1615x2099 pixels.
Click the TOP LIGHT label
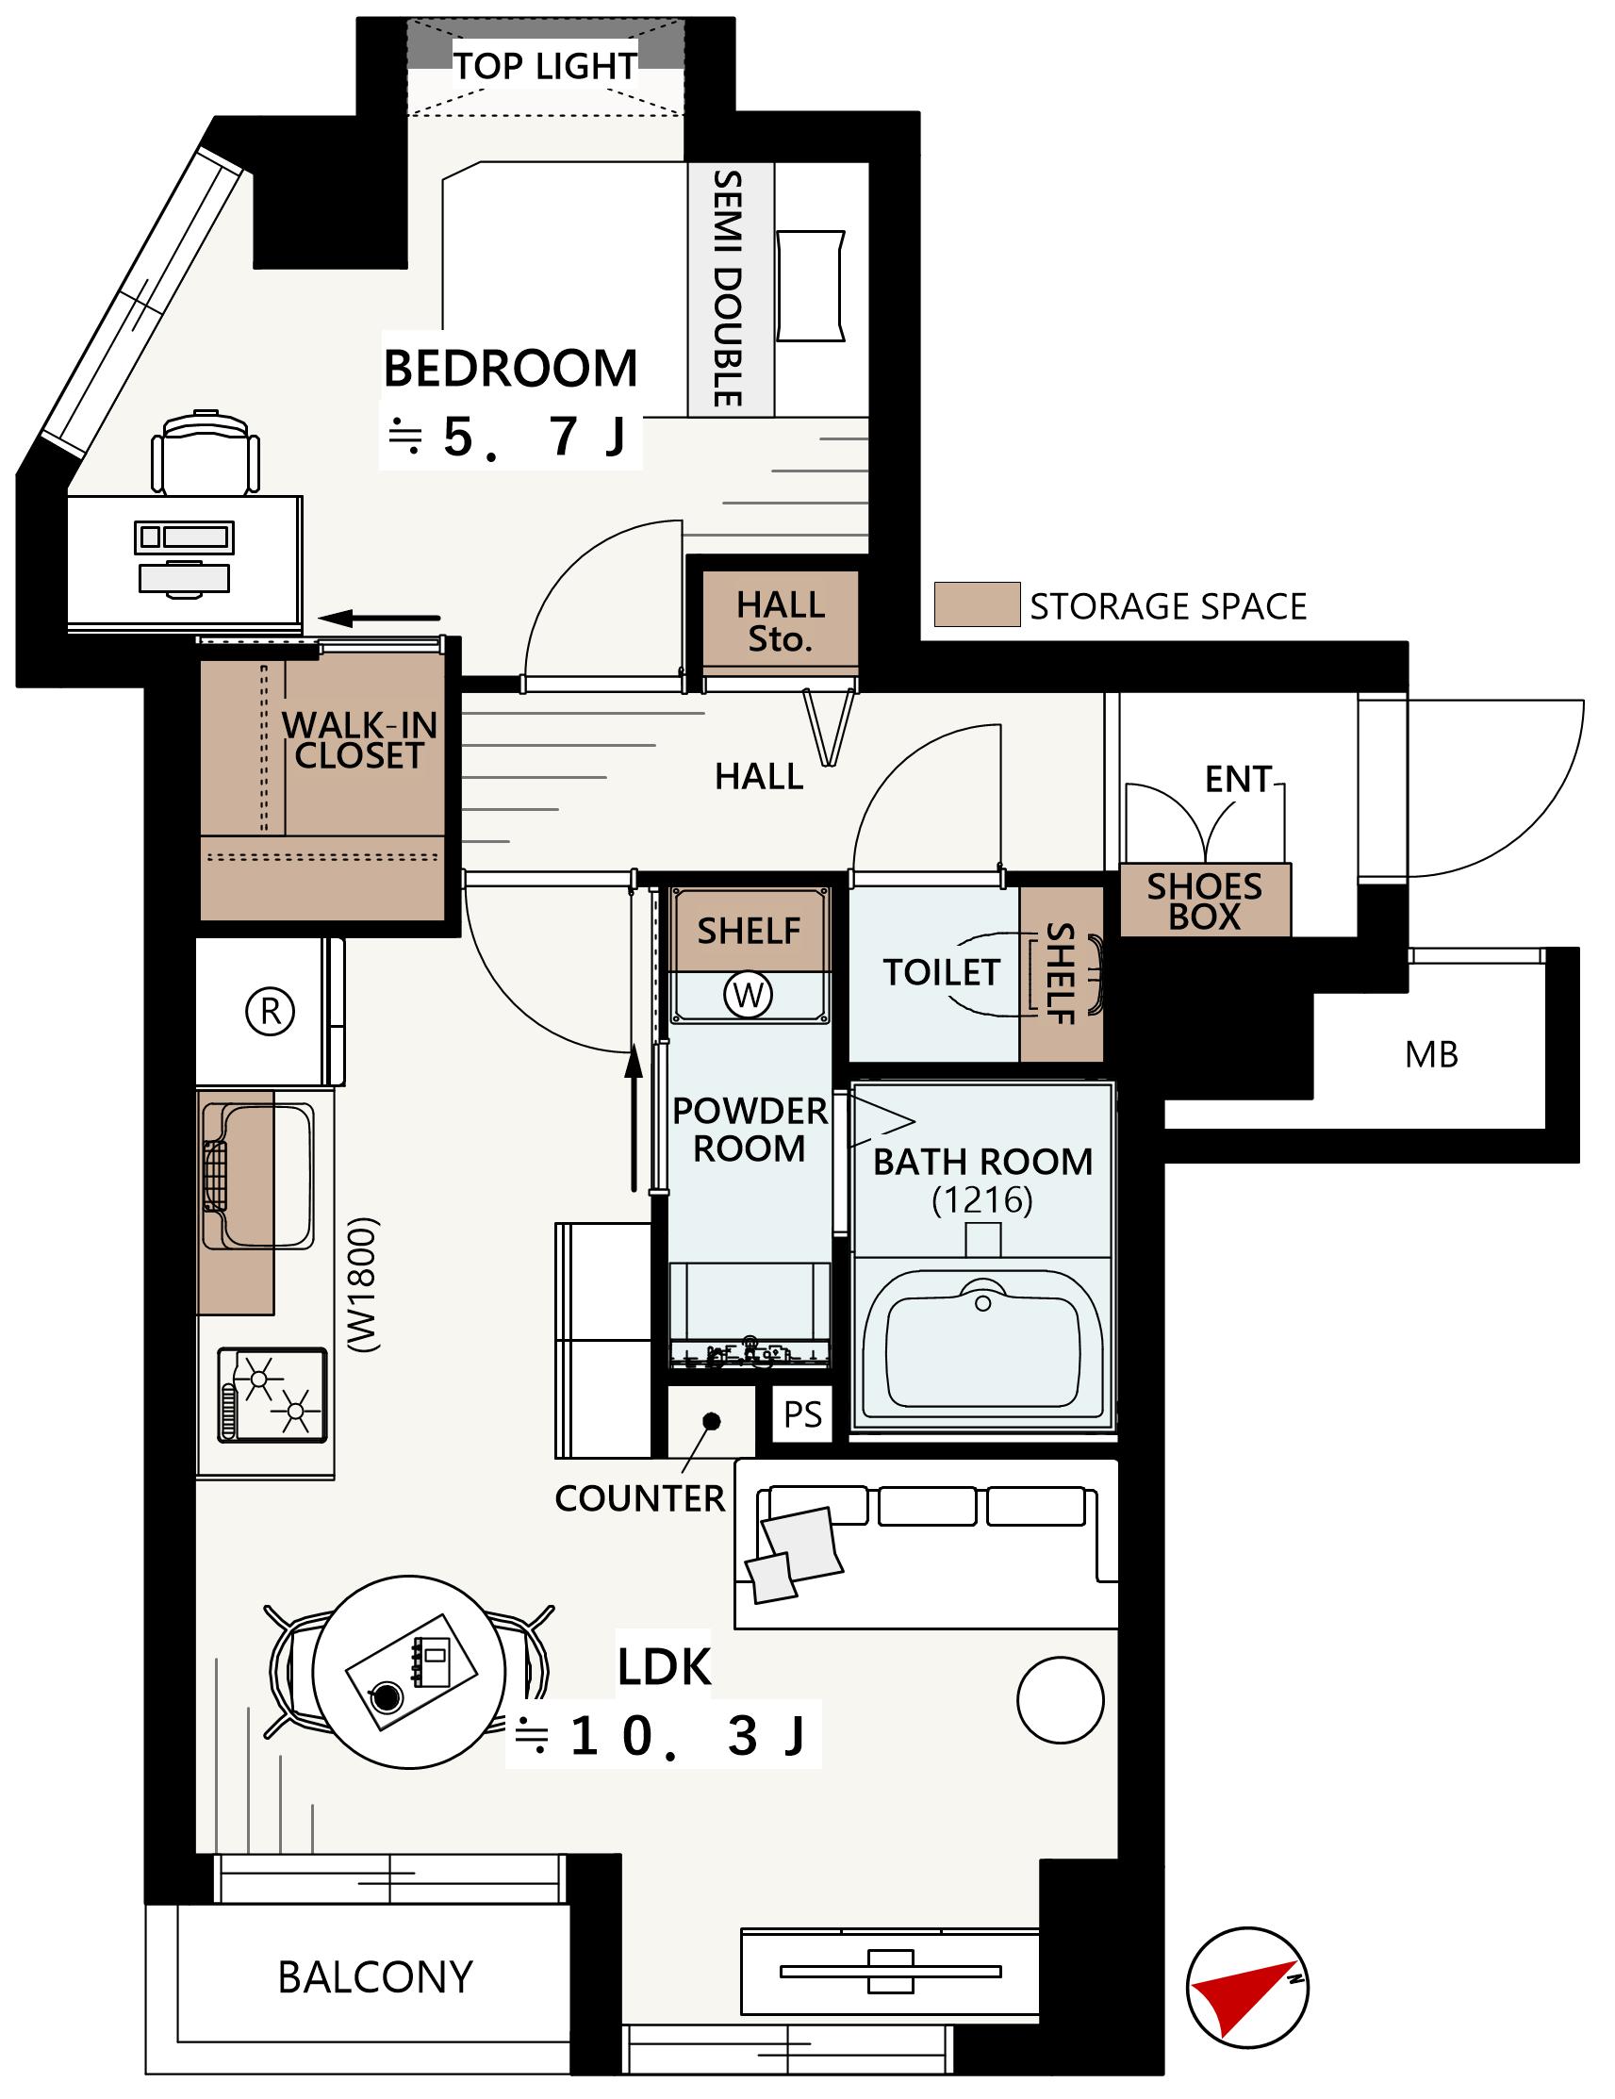(x=544, y=65)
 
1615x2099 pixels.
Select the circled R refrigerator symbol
(x=270, y=1011)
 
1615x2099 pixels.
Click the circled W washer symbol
(x=748, y=995)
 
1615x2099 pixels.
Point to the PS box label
(x=802, y=1414)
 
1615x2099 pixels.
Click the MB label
(x=1430, y=1055)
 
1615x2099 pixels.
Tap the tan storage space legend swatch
(x=976, y=604)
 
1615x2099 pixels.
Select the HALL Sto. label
(x=780, y=620)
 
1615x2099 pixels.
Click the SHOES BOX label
(x=1204, y=901)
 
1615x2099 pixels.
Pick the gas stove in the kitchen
(x=272, y=1396)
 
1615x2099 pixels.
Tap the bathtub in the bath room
(x=981, y=1344)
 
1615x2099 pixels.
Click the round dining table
(x=408, y=1672)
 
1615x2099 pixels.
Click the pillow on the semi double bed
(x=810, y=286)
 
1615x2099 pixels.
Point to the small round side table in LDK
(x=1060, y=1700)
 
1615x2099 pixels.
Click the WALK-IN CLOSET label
(x=359, y=740)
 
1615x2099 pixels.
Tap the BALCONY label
(x=374, y=1978)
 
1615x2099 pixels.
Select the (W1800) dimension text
(x=363, y=1286)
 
